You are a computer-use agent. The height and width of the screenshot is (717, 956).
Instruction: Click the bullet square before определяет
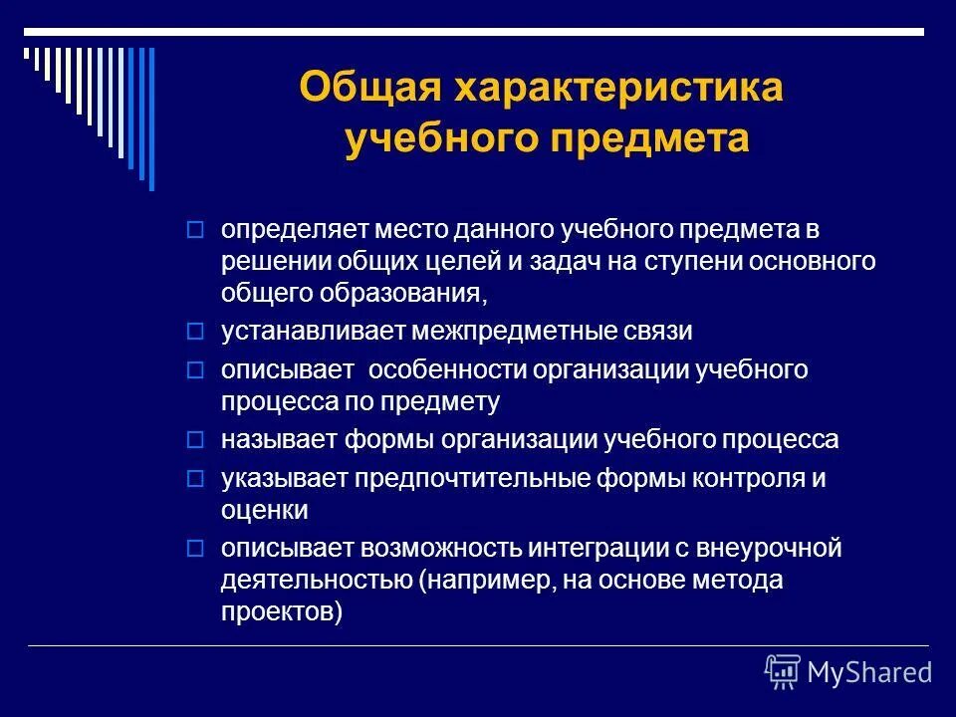195,230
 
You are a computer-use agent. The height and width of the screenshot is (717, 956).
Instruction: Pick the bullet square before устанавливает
195,330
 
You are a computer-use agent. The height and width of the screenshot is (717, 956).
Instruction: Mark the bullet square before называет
195,439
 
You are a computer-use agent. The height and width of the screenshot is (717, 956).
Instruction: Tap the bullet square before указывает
195,479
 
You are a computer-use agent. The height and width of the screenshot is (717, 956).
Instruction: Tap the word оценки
264,511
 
